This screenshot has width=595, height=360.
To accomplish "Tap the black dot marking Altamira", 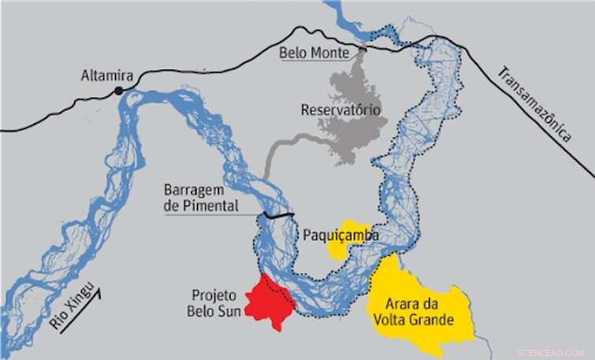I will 119,92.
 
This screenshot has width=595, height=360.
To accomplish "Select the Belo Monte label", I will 312,53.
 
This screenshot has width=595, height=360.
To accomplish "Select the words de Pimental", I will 200,206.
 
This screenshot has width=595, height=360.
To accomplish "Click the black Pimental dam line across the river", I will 279,215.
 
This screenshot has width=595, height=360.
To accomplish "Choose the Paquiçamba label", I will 341,235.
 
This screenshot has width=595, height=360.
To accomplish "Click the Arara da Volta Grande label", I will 419,313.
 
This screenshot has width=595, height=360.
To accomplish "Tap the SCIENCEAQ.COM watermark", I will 550,353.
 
